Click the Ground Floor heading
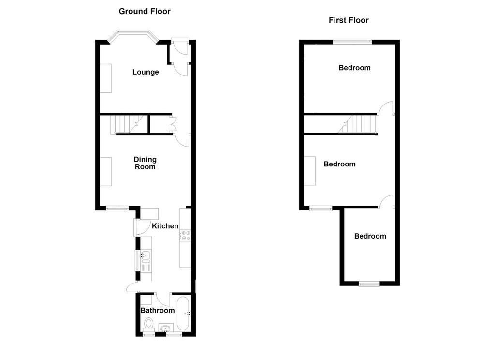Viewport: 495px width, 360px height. point(145,12)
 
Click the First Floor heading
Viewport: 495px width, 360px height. point(349,20)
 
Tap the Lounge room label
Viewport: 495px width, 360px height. point(146,72)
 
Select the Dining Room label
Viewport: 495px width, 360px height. point(145,163)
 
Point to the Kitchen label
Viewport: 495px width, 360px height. point(165,226)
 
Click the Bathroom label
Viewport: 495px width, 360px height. point(158,310)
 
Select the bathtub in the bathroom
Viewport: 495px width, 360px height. point(183,313)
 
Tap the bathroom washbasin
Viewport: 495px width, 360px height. point(166,328)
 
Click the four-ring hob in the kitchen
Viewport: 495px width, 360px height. point(186,236)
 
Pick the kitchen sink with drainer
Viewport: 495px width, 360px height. point(146,261)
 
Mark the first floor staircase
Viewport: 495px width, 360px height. point(358,124)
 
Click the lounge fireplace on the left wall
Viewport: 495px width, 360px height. point(106,78)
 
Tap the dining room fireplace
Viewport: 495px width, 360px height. point(106,172)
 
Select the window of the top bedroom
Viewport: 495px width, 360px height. point(352,41)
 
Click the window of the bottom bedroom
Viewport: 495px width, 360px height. point(369,284)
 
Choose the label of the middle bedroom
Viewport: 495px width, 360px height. point(340,164)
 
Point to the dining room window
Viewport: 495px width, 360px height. point(117,208)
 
